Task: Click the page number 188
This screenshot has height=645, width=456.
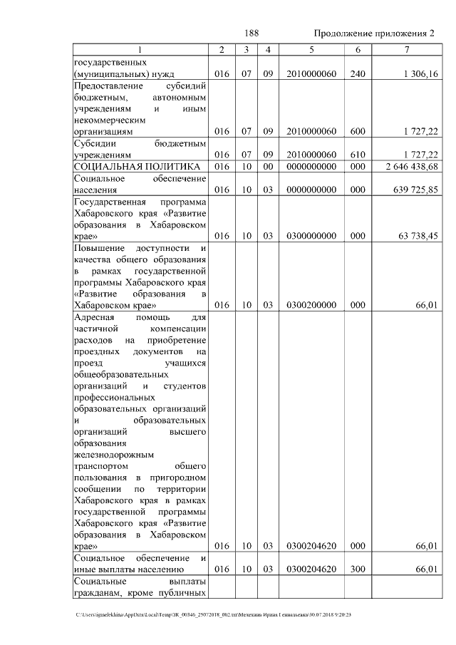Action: tap(251, 33)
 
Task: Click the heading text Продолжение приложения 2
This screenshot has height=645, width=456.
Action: tap(373, 33)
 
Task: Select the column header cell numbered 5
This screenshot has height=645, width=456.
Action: tap(311, 49)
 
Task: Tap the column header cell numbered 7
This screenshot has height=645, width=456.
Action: tap(406, 49)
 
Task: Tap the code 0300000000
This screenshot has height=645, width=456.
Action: tap(311, 236)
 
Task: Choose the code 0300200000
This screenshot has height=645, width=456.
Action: tap(311, 305)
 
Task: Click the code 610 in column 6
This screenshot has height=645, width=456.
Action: tap(356, 155)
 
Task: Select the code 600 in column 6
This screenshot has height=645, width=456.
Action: tap(356, 132)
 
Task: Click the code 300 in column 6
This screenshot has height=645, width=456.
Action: tap(356, 569)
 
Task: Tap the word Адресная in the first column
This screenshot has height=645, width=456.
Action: tap(95, 317)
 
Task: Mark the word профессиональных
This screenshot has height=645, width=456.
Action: tap(114, 397)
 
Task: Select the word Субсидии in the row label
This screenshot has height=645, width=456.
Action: tap(95, 143)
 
